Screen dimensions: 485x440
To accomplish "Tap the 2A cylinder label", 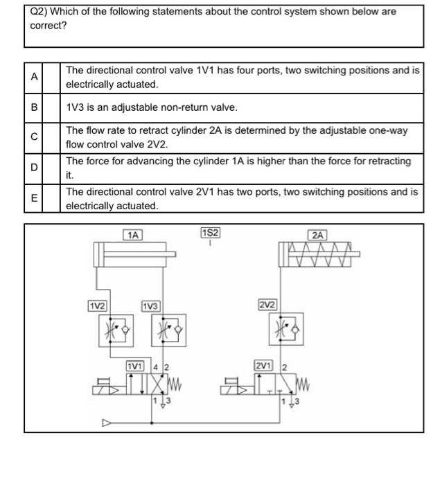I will [319, 235].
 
